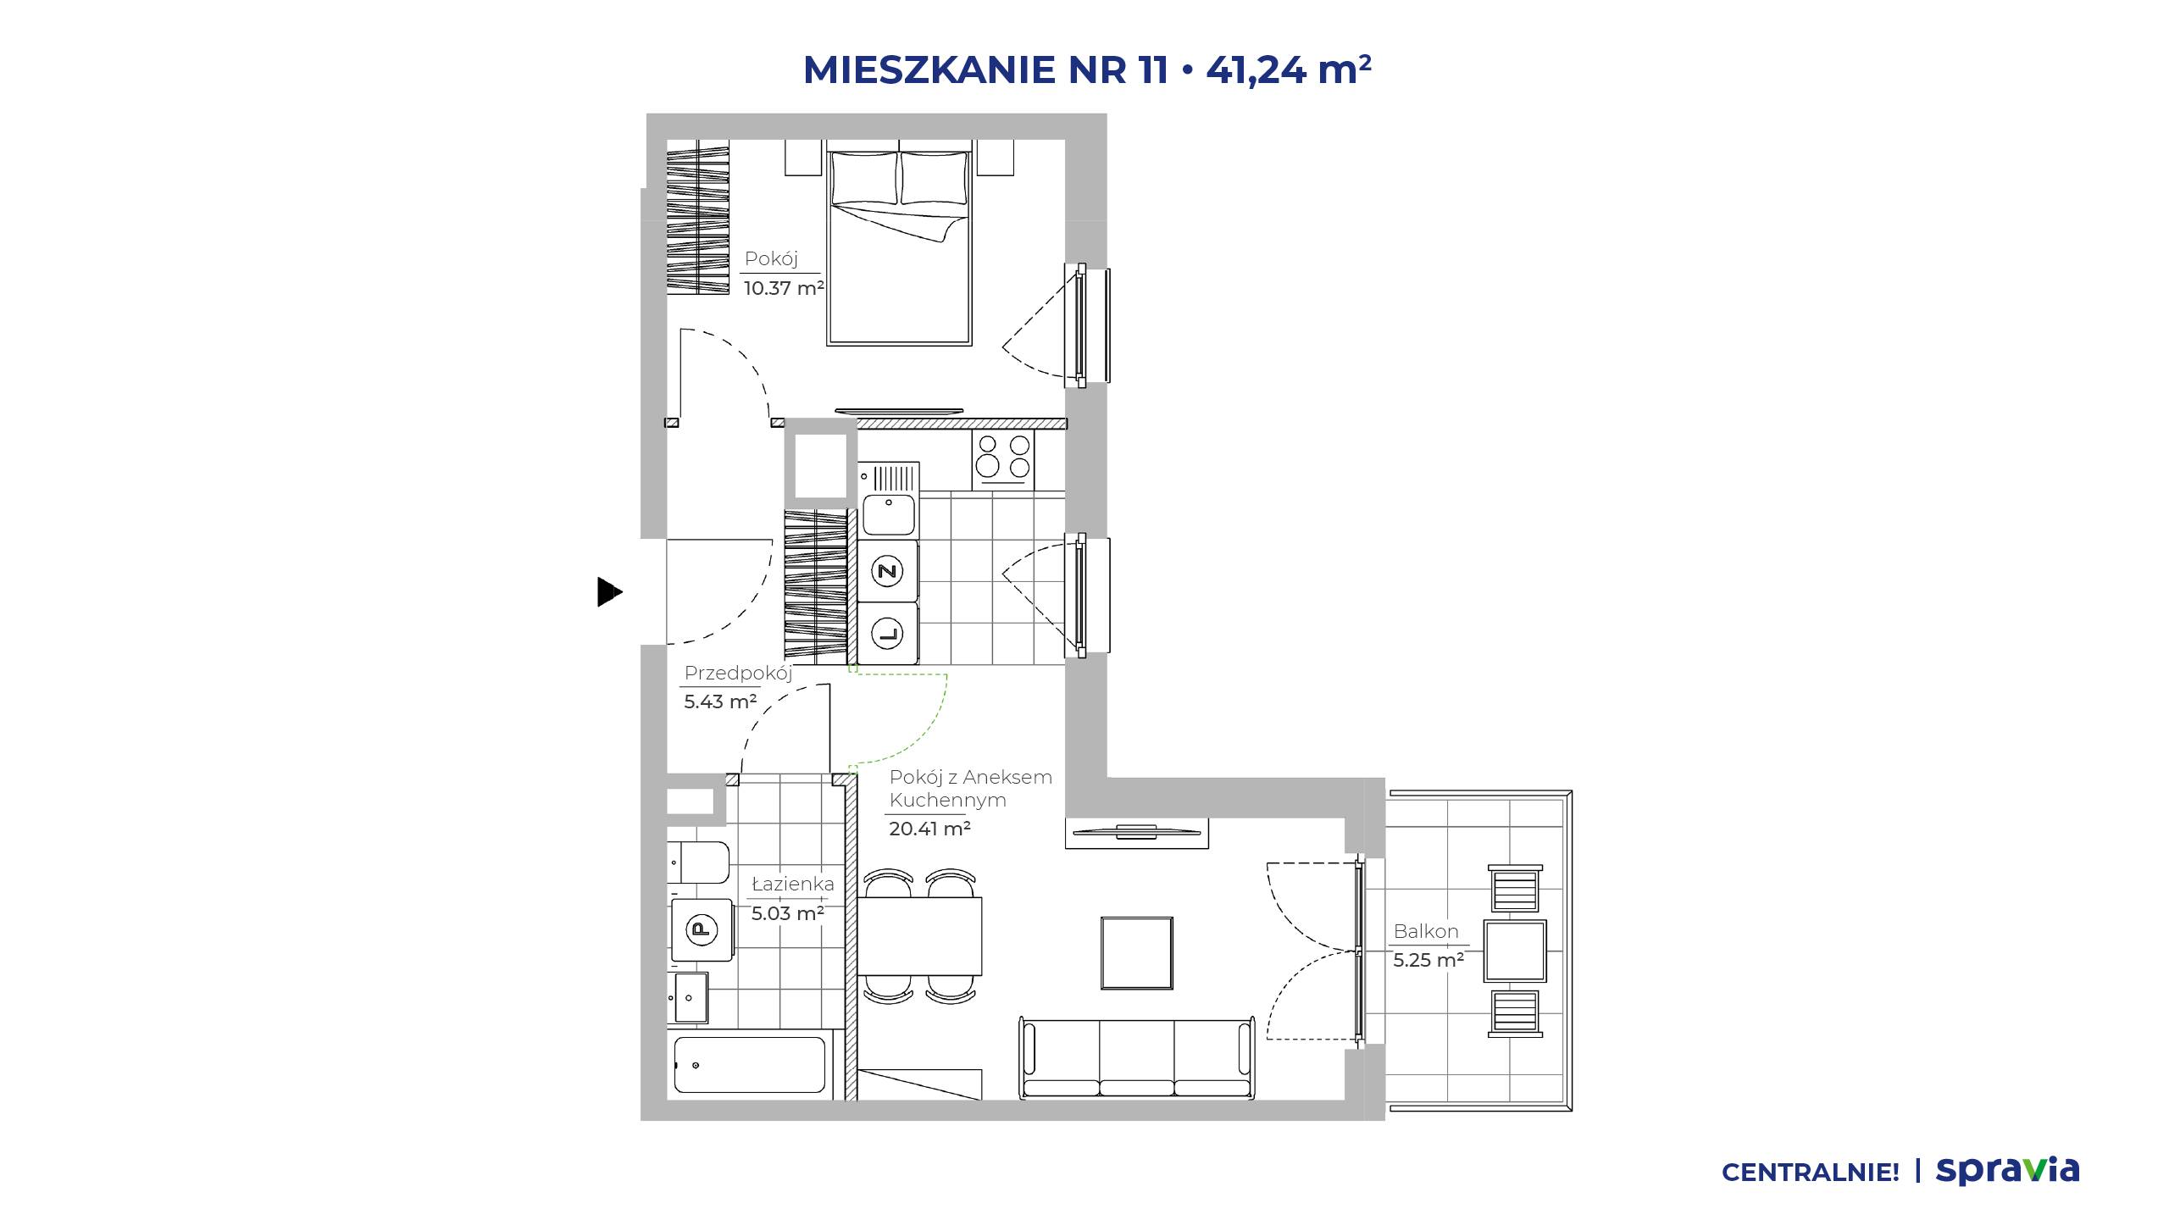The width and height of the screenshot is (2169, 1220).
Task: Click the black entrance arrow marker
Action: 609,591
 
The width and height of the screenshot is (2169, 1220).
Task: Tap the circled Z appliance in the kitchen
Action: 887,571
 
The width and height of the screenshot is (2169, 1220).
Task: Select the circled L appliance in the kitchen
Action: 887,633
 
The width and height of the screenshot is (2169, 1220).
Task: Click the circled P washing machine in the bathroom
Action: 701,929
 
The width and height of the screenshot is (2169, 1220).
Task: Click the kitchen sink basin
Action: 889,515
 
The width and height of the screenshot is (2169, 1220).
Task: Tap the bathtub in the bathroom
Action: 749,1065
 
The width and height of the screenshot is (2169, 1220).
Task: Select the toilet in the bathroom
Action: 698,863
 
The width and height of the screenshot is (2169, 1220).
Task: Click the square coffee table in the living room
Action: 1137,953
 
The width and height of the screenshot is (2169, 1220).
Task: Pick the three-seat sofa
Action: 1137,1058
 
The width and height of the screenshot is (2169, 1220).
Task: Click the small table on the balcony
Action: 1515,951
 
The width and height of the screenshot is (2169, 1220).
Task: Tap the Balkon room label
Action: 1426,931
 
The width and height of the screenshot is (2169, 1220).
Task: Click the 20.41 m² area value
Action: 929,829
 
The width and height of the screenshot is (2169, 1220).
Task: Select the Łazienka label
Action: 793,884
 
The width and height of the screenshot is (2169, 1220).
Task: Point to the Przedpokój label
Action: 738,674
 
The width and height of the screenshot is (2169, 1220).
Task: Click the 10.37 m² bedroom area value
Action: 784,288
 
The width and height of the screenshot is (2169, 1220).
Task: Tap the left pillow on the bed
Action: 864,177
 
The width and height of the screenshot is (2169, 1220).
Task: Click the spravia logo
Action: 2007,1171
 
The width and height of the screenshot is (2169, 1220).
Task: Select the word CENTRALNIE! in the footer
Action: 1811,1173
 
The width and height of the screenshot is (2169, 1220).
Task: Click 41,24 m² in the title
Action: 1289,69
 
